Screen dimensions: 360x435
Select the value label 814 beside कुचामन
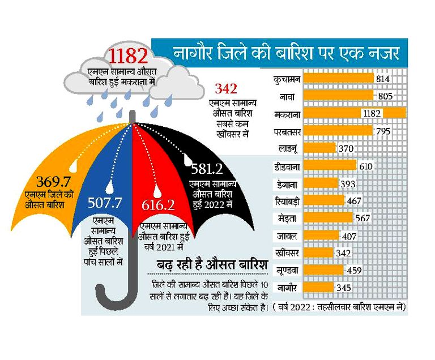click(x=383, y=79)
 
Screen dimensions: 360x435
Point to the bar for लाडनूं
click(x=319, y=148)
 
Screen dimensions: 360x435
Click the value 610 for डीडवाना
click(x=365, y=166)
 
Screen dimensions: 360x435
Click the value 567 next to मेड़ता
click(x=362, y=218)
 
